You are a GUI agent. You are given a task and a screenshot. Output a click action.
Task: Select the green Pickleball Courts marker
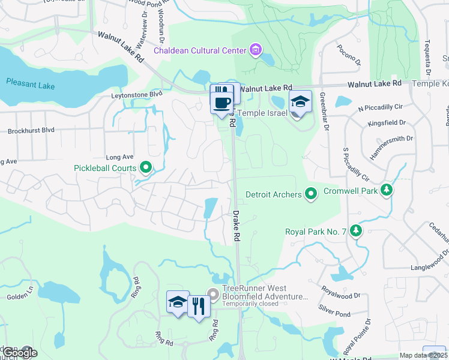tap(145, 168)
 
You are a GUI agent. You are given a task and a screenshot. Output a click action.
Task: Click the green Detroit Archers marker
tap(310, 194)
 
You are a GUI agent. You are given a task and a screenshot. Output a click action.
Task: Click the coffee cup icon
tap(221, 102)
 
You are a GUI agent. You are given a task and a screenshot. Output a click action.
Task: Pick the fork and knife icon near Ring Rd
tap(199, 305)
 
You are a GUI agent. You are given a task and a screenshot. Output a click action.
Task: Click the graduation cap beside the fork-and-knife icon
tap(178, 302)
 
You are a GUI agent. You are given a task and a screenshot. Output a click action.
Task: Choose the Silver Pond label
tap(334, 314)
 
